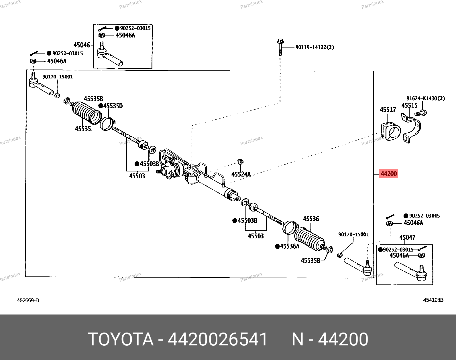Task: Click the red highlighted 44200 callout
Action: tap(388, 174)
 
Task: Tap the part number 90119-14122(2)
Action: tap(315, 47)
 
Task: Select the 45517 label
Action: tap(388, 110)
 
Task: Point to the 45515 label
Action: tap(409, 105)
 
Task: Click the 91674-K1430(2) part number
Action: tap(425, 98)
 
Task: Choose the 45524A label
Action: tap(241, 174)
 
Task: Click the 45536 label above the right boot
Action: tap(311, 219)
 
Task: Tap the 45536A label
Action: tap(290, 246)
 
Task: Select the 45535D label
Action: tap(113, 106)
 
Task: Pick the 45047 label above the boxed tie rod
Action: tap(407, 238)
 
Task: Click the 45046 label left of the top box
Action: tap(82, 45)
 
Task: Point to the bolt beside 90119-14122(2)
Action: tap(280, 47)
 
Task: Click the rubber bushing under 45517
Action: tap(390, 131)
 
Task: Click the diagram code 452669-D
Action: tap(28, 300)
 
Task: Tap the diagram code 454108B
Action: tap(433, 300)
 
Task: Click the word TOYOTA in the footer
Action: tap(121, 339)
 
